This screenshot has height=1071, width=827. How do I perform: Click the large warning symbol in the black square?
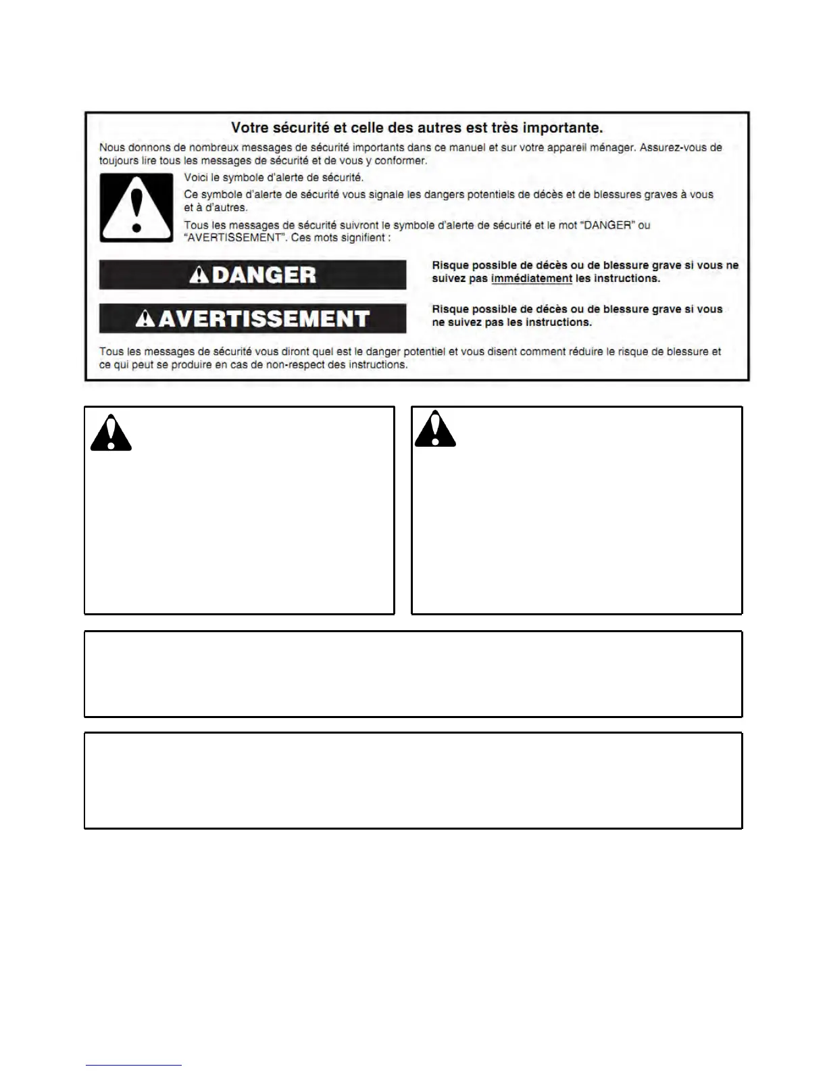[x=136, y=208]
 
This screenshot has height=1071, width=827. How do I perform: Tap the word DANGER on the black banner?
[x=264, y=275]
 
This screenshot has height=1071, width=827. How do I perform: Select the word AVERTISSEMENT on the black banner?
[x=264, y=319]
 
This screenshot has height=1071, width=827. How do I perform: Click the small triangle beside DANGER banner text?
[x=199, y=275]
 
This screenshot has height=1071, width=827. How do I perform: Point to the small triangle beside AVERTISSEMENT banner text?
[x=145, y=319]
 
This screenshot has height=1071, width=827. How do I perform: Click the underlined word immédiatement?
[x=532, y=279]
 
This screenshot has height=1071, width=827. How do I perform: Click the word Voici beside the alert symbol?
[x=197, y=178]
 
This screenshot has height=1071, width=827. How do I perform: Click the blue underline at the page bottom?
[x=134, y=1066]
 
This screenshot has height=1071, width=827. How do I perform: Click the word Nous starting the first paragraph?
[x=112, y=147]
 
